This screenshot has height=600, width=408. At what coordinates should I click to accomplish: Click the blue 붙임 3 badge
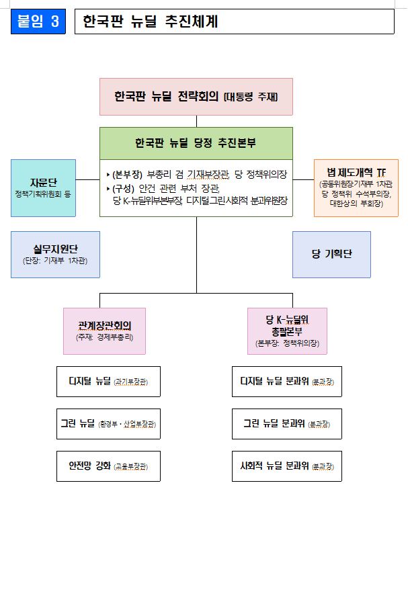38,22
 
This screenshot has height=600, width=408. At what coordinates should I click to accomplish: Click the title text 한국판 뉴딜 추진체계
151,22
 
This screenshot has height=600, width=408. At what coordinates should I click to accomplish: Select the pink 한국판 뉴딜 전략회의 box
196,97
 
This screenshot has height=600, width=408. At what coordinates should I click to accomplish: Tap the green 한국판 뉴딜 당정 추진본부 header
196,143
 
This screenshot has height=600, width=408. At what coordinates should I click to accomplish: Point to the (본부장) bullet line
197,175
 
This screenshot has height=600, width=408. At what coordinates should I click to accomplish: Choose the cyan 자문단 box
43,188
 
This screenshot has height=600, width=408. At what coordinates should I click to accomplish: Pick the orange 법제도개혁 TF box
356,188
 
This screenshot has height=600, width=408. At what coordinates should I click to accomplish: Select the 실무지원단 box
55,255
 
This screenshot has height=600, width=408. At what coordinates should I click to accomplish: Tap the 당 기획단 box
331,255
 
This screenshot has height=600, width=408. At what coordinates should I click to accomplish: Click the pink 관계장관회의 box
104,331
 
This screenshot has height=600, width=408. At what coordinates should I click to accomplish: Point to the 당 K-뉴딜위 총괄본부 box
287,331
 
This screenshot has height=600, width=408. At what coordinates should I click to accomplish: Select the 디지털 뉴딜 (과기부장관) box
108,382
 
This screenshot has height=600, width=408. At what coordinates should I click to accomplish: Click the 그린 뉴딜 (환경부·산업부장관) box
108,423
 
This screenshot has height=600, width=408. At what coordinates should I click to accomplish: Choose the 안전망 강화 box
108,466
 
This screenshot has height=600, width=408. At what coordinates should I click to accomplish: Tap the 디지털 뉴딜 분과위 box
286,382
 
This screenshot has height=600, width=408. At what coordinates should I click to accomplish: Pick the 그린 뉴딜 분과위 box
286,423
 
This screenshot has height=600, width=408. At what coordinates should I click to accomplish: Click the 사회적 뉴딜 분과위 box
286,466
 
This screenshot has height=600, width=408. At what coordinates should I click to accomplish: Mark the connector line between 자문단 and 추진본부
87,179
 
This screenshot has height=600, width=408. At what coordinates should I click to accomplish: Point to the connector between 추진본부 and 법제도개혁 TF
304,179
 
